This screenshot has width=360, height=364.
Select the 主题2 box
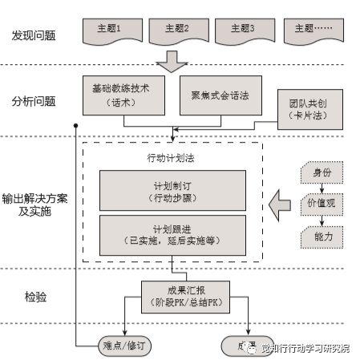pyautogui.click(x=176, y=30)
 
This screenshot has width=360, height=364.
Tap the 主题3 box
pyautogui.click(x=241, y=30)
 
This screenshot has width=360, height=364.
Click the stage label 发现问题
pyautogui.click(x=34, y=36)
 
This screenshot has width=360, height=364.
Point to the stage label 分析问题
pyautogui.click(x=34, y=101)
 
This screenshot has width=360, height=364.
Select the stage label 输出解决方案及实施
pyautogui.click(x=34, y=204)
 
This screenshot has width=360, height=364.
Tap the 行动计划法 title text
pyautogui.click(x=171, y=158)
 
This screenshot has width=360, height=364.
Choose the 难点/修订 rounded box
pyautogui.click(x=109, y=346)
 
